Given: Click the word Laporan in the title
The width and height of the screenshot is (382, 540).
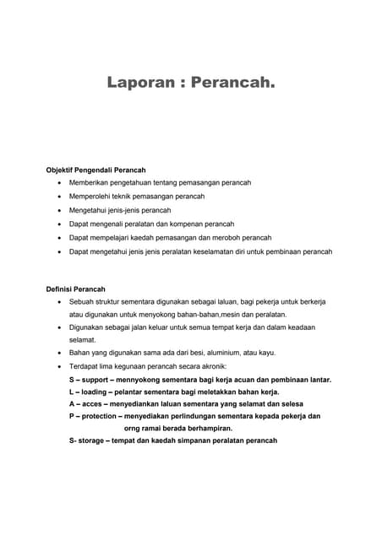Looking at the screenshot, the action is tap(139, 84).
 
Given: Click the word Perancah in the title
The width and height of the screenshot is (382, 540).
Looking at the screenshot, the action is tap(233, 84).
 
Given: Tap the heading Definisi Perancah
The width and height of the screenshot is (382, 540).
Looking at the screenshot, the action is tap(75, 289).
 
